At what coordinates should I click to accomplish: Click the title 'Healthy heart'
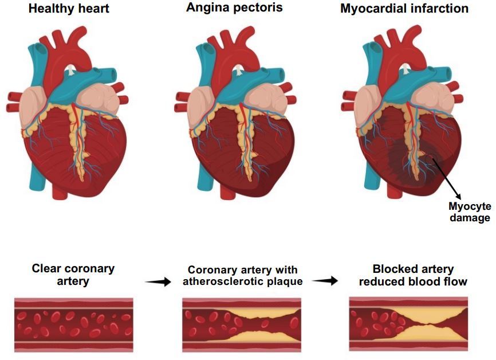point(69,8)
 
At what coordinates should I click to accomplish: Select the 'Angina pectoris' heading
point(234,7)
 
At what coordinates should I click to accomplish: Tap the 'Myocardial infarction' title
point(404,8)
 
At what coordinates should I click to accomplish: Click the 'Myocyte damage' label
point(470,212)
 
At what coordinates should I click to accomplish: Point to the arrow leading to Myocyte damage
point(447,178)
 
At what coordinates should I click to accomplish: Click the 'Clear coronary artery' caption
point(73,275)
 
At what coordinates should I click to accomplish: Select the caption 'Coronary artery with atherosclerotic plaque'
point(243,276)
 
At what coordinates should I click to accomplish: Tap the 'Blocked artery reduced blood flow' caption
point(413,275)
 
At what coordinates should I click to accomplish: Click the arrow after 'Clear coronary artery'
point(158,281)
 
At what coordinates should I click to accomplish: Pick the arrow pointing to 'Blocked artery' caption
point(325,280)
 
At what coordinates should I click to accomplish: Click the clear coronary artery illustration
point(74,325)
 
